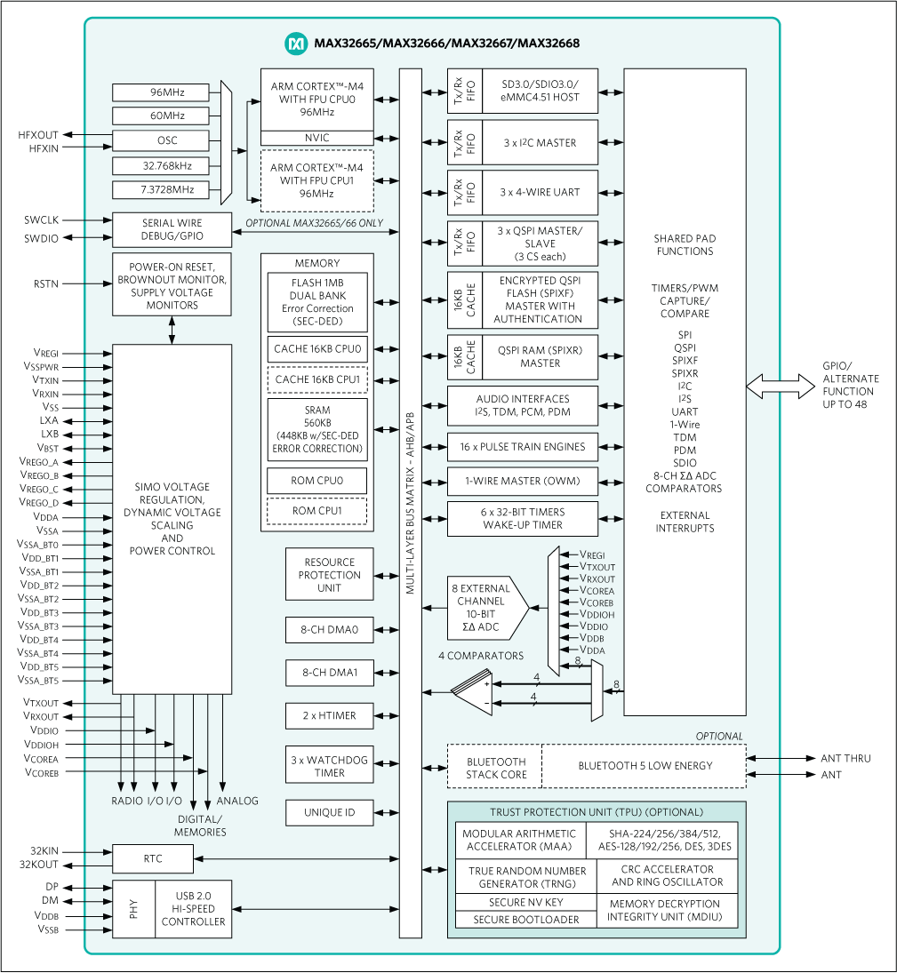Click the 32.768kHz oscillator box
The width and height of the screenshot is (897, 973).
click(x=160, y=165)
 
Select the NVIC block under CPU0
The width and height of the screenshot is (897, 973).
click(x=316, y=138)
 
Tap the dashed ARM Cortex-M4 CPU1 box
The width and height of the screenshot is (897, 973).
click(x=316, y=181)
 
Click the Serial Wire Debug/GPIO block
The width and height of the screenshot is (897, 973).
click(x=172, y=229)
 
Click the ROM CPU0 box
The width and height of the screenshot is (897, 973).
click(x=317, y=481)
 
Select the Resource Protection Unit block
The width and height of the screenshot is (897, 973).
click(x=329, y=575)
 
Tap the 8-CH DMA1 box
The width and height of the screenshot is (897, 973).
click(x=329, y=674)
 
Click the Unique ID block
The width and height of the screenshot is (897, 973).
click(x=329, y=812)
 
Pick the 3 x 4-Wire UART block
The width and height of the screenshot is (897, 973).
click(x=540, y=192)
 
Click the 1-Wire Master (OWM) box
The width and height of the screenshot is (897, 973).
click(x=522, y=481)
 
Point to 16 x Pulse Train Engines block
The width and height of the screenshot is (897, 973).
click(x=522, y=447)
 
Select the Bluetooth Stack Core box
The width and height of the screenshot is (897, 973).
click(x=495, y=768)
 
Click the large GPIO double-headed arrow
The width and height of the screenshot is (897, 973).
click(x=781, y=385)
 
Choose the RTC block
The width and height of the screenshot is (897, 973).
click(x=152, y=858)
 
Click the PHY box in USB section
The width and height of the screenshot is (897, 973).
click(x=133, y=909)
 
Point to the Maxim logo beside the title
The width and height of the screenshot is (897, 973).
click(x=295, y=43)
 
